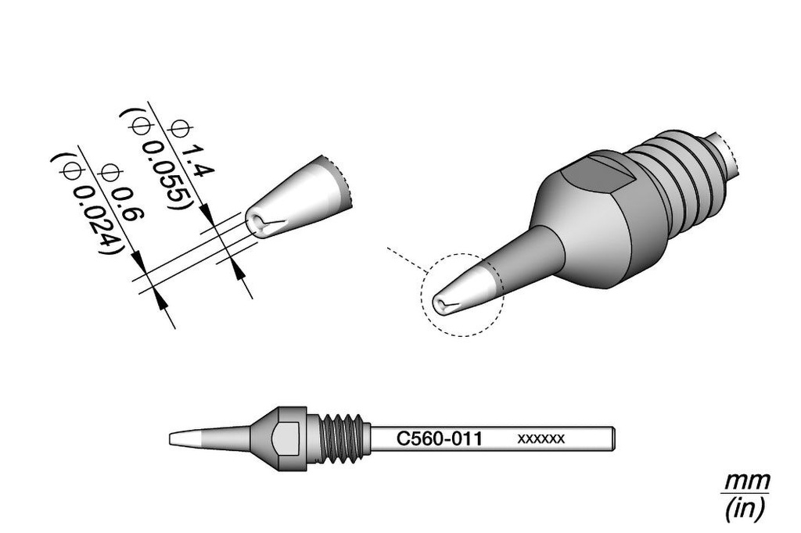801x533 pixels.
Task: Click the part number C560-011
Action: coord(439,438)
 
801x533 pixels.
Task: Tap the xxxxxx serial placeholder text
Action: coord(541,438)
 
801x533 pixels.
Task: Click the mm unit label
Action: coord(747,481)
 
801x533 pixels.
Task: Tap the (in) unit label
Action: coord(745,508)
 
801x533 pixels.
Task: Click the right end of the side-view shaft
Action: coord(614,439)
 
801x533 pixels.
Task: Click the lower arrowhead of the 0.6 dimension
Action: coord(160,301)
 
